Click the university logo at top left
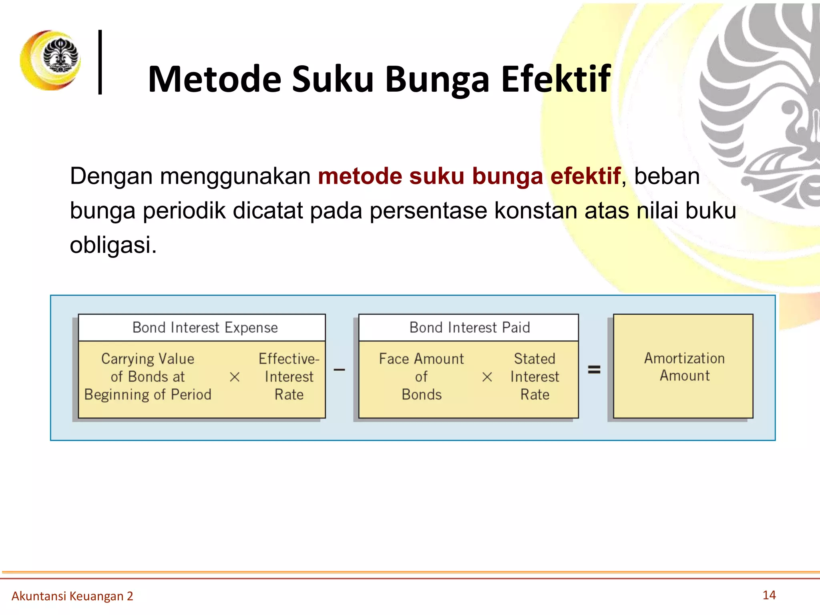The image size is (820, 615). (51, 60)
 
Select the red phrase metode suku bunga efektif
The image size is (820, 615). (469, 176)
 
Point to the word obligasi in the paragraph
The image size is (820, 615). (113, 245)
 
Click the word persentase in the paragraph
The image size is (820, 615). (428, 211)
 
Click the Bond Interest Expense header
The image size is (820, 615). (205, 328)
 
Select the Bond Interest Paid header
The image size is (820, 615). (469, 328)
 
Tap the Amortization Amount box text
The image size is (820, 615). (684, 367)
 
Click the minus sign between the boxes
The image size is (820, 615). (339, 370)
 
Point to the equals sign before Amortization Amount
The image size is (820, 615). (594, 370)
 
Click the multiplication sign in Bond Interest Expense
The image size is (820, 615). (235, 377)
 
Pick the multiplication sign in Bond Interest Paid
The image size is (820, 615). (487, 377)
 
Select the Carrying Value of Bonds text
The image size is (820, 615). (148, 376)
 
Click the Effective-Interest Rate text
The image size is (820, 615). (289, 376)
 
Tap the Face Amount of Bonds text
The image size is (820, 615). (421, 376)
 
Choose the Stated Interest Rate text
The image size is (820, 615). (535, 376)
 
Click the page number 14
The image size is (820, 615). (769, 595)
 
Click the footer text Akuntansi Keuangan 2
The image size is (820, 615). (72, 596)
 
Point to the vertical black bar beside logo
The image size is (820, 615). (100, 62)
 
